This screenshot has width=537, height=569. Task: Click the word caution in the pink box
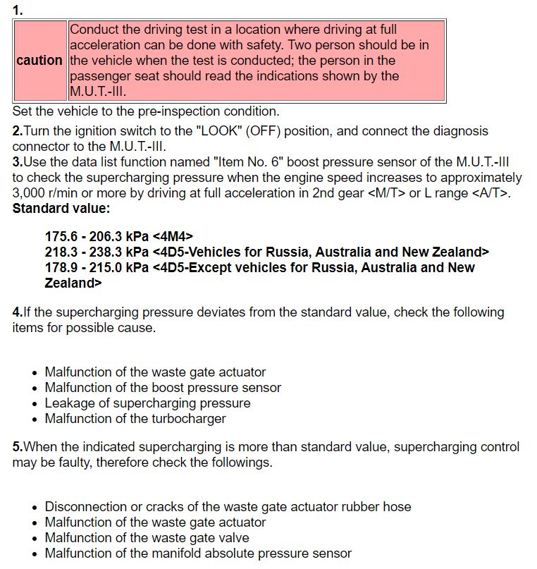coord(39,61)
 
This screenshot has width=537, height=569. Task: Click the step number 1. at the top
coord(18,10)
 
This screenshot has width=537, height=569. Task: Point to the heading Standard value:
coord(61,209)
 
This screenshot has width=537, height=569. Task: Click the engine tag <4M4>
coord(173,237)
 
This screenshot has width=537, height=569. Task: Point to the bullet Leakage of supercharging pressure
coord(147,403)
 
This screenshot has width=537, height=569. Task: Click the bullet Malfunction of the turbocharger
coord(135,419)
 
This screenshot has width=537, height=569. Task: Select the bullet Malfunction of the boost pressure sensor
coord(163,388)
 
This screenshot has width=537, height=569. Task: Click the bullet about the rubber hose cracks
coord(228,507)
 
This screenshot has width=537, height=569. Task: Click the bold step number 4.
coord(18,312)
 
